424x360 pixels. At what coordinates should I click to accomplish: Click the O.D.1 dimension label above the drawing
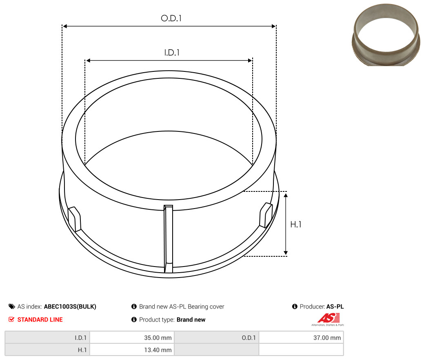tap(171, 18)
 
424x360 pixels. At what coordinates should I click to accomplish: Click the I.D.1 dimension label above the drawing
tap(172, 53)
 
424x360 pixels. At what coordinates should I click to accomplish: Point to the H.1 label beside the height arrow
tap(295, 224)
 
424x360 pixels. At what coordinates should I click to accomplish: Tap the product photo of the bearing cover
tap(386, 35)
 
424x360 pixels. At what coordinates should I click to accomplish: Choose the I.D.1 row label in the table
tap(80, 338)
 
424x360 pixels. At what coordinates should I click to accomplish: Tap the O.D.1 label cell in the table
tap(249, 338)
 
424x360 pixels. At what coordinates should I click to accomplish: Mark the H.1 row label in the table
tap(82, 350)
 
